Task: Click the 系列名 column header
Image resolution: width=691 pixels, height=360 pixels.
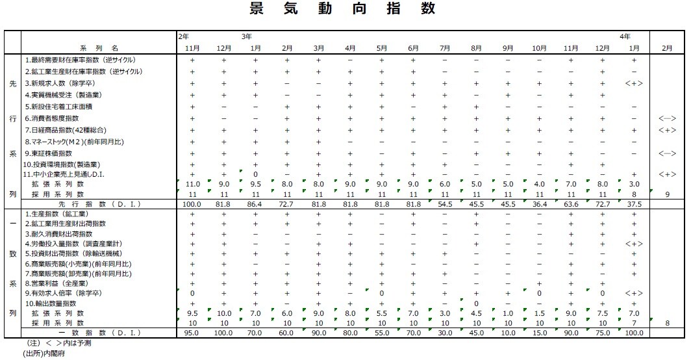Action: [x=99, y=48]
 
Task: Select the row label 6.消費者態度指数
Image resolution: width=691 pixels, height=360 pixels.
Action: [x=52, y=118]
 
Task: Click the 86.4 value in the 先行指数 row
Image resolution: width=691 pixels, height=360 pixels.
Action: [x=255, y=204]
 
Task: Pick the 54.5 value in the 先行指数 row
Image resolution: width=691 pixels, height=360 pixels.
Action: [x=446, y=204]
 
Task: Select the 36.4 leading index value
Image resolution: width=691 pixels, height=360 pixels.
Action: [x=540, y=204]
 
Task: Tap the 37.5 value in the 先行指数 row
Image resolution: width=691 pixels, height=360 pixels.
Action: [x=634, y=204]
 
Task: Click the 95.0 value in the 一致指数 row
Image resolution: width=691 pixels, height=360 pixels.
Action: [x=192, y=333]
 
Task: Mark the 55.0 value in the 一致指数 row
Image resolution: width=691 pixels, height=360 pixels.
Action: [x=383, y=333]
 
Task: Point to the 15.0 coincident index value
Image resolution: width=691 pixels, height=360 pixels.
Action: [x=540, y=333]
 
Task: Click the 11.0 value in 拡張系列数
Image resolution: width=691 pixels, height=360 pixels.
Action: [x=192, y=185]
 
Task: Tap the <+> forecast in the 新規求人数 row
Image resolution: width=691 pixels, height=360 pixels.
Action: [x=634, y=83]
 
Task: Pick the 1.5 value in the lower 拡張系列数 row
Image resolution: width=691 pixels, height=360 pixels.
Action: [x=540, y=313]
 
